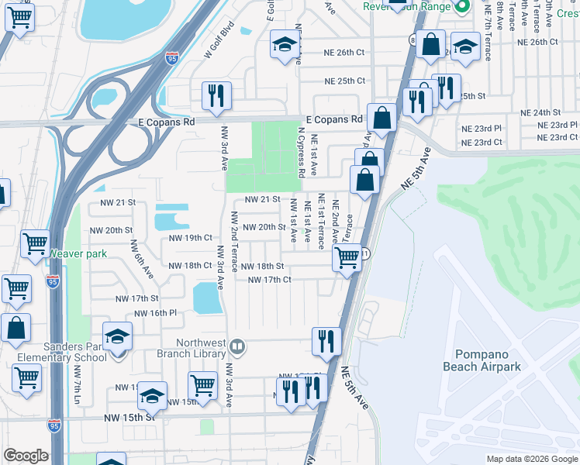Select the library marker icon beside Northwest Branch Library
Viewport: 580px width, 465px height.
(239, 346)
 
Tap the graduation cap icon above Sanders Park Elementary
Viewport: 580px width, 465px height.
(117, 336)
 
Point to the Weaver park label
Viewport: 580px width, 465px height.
(78, 253)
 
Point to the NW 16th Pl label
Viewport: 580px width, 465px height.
(156, 313)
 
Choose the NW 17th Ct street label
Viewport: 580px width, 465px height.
(269, 280)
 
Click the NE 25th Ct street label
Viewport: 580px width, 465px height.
(344, 81)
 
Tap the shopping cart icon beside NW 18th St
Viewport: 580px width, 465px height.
(347, 257)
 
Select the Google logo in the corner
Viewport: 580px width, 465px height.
(26, 456)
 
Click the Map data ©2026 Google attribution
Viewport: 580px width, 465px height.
(531, 459)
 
